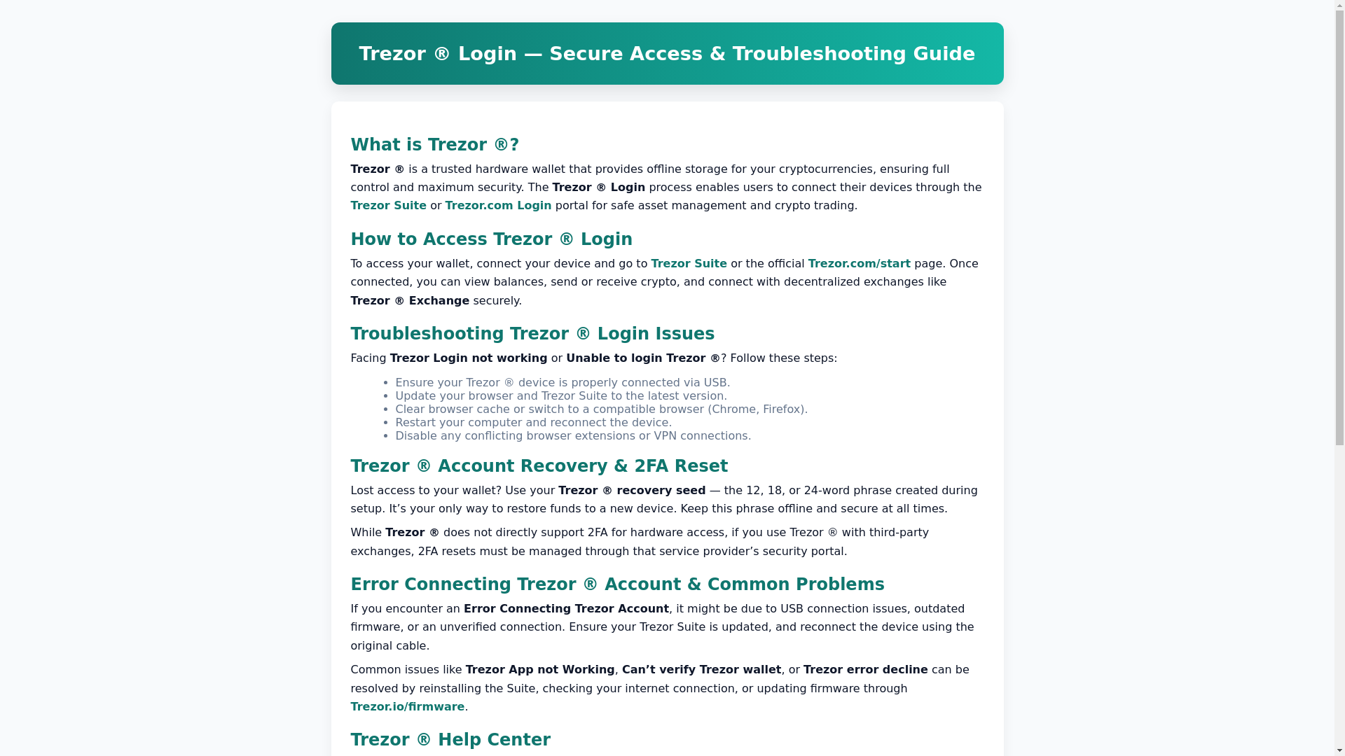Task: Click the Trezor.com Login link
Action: click(x=497, y=206)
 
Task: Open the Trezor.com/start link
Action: click(x=859, y=264)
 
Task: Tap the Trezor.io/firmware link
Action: click(x=407, y=707)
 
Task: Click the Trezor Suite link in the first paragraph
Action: click(x=388, y=206)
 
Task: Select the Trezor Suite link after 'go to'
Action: click(x=689, y=264)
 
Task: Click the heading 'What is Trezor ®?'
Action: click(x=434, y=145)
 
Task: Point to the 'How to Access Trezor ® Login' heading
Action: click(x=491, y=239)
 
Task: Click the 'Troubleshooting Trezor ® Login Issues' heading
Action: click(x=532, y=334)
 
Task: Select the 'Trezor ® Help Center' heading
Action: click(x=450, y=740)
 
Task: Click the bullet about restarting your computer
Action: click(x=533, y=423)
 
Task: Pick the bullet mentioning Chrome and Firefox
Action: click(x=601, y=409)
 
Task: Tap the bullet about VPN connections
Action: click(x=572, y=436)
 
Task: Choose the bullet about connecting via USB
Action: click(x=562, y=383)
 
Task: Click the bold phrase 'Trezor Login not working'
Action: click(x=468, y=358)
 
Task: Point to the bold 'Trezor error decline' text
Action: click(x=865, y=670)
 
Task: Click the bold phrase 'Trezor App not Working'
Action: click(x=539, y=670)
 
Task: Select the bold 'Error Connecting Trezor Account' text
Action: click(x=565, y=609)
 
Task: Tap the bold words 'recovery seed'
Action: click(x=661, y=491)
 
